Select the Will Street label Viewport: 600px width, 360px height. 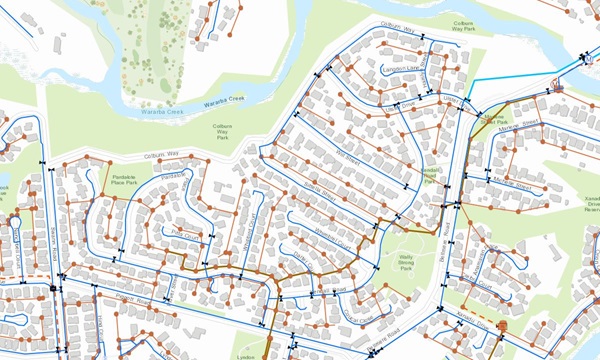pyautogui.click(x=344, y=160)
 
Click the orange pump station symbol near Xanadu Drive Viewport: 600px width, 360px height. pyautogui.click(x=502, y=327)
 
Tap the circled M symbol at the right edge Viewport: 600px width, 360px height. pyautogui.click(x=557, y=88)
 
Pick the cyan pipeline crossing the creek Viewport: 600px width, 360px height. pyautogui.click(x=510, y=80)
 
